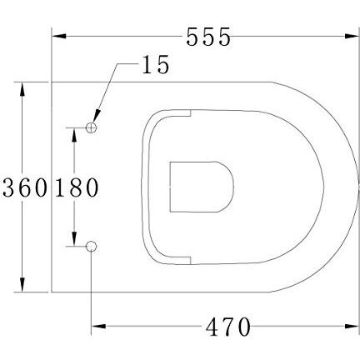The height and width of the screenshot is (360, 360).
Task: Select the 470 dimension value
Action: pos(226,327)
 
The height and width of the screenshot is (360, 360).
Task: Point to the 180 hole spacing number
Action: pos(77,187)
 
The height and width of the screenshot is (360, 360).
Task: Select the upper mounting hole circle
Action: pos(92,127)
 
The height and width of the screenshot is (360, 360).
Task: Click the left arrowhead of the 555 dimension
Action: pos(59,37)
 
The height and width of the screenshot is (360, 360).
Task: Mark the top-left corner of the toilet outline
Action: pos(52,82)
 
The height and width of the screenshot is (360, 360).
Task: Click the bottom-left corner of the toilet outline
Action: pos(52,292)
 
